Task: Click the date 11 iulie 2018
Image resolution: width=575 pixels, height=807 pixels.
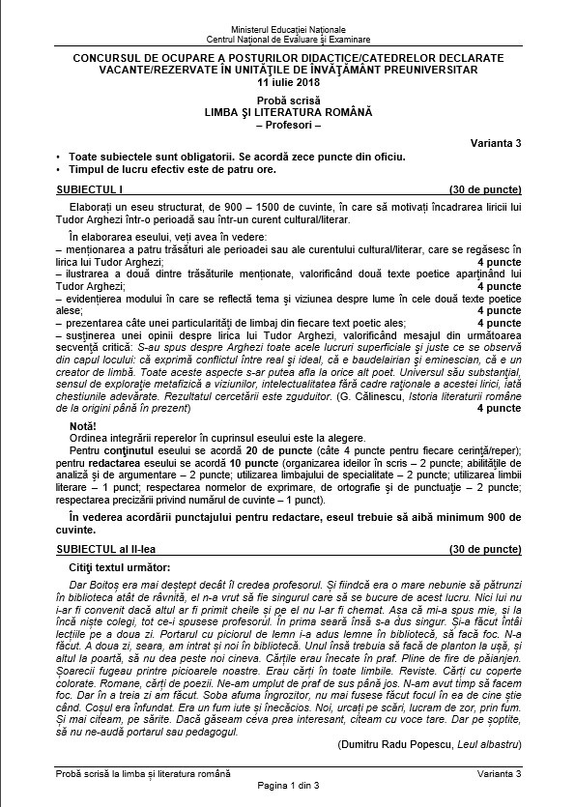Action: [x=287, y=82]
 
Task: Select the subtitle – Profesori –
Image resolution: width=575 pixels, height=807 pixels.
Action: [x=287, y=125]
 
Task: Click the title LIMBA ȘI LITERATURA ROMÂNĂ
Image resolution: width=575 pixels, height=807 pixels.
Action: [x=287, y=113]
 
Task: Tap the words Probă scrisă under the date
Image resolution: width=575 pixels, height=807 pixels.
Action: [x=287, y=101]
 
